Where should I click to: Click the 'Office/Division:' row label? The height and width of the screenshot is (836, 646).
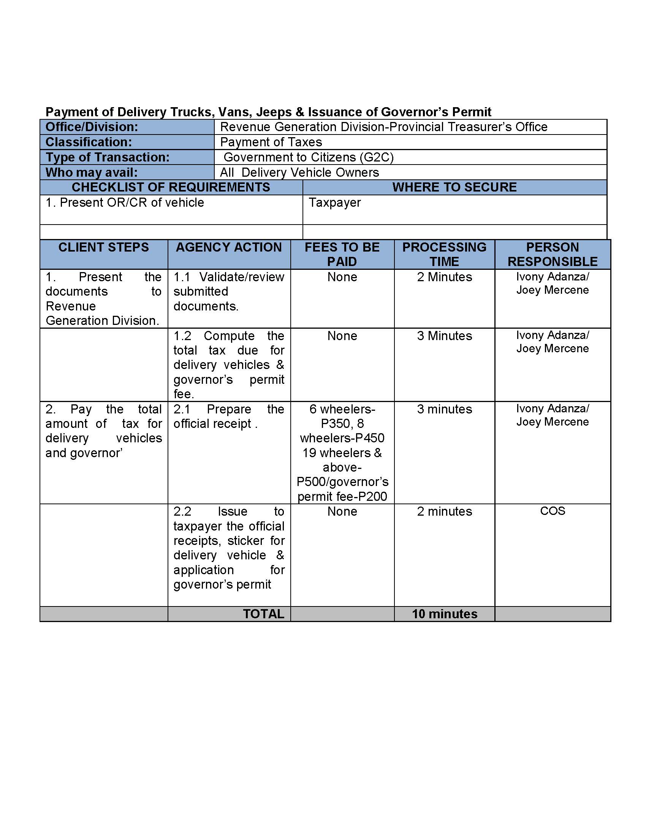[92, 127]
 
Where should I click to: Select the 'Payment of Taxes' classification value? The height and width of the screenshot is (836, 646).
[271, 142]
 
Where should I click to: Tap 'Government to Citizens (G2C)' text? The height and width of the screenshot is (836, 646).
[309, 157]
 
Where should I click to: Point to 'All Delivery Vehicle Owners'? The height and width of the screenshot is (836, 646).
[299, 172]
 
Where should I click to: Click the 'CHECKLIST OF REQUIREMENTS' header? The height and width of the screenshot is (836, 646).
[171, 187]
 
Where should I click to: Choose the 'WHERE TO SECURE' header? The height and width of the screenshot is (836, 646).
[454, 187]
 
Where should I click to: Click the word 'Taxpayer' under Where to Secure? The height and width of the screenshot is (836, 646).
[334, 203]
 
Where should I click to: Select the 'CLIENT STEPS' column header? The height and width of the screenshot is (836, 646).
[103, 247]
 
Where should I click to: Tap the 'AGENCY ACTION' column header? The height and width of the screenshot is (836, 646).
[228, 247]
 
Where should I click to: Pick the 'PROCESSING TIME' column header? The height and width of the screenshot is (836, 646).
[444, 254]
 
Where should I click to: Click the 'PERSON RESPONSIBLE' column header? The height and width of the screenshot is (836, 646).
[552, 254]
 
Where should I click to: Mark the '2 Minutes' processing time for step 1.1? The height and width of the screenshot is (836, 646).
[444, 277]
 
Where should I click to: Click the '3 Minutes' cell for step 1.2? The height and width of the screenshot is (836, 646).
[444, 336]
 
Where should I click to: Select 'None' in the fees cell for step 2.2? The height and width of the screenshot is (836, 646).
[342, 511]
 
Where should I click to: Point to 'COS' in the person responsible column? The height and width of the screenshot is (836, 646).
[552, 511]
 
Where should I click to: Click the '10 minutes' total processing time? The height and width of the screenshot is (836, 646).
[444, 614]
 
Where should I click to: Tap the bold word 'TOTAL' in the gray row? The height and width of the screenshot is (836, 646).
[263, 614]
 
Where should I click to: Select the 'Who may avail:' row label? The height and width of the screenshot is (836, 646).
[92, 172]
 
